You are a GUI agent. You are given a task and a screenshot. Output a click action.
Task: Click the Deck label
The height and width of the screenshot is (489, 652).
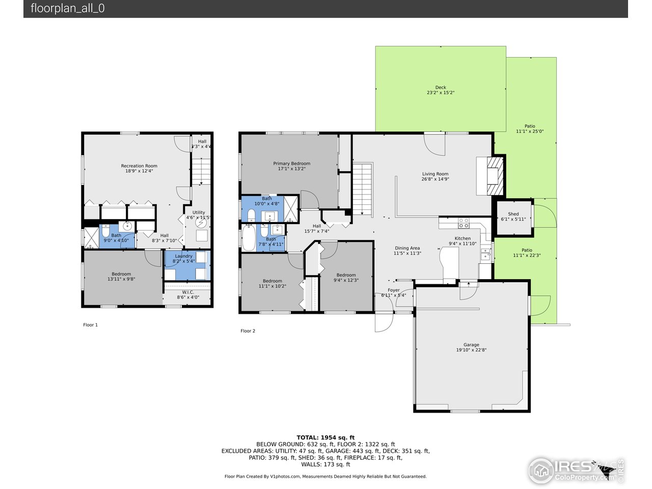(x=440, y=88)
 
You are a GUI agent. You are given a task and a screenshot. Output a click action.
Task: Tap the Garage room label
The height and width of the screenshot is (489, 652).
(x=471, y=345)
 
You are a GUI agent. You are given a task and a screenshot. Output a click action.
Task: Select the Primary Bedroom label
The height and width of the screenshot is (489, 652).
(x=291, y=164)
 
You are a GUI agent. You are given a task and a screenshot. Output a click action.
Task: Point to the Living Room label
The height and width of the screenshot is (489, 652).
(x=435, y=174)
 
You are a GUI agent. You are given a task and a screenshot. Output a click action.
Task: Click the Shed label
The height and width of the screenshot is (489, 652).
(x=513, y=214)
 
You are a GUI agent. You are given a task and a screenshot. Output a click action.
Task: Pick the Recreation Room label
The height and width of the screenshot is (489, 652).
(x=139, y=166)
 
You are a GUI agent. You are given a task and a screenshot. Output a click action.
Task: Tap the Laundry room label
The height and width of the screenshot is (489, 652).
(x=183, y=256)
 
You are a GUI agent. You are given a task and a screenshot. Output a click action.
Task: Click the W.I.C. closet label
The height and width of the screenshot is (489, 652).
(x=187, y=292)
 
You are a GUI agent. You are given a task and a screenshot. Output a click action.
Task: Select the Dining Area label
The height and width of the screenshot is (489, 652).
(x=407, y=248)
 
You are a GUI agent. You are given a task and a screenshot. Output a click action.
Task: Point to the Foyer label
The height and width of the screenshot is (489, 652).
(x=393, y=290)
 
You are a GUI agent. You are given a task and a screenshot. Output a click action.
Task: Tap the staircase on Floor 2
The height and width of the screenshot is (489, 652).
(x=363, y=189)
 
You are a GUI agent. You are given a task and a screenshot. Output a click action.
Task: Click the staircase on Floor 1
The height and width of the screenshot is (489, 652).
(x=202, y=172)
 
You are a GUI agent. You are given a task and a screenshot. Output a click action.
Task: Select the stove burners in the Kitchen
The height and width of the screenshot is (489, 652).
(x=464, y=223)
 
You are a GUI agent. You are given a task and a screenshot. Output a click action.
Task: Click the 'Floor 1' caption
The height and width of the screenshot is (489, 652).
(x=90, y=324)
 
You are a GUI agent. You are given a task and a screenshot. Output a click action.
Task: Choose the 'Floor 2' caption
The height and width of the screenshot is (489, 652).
(x=248, y=331)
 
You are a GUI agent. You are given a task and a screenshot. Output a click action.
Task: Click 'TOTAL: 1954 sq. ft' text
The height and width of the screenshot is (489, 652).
(x=325, y=437)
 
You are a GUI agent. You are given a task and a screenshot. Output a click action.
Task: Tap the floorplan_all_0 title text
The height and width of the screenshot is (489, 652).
(x=68, y=8)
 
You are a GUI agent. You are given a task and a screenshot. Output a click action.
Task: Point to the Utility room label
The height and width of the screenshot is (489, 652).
(x=199, y=212)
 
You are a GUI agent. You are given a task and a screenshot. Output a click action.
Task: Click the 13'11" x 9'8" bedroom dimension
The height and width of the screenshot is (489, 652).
(x=121, y=279)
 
